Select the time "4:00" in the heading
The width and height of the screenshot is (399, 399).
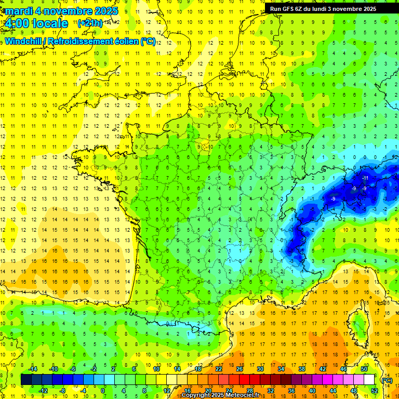click(16, 23)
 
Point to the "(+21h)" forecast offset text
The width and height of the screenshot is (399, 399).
click(89, 23)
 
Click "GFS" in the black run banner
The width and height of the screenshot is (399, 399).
click(288, 9)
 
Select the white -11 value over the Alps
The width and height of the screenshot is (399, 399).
click(365, 178)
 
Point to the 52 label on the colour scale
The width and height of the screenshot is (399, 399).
click(374, 391)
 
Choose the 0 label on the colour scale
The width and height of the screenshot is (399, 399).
click(103, 391)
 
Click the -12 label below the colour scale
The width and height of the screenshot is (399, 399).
click(44, 391)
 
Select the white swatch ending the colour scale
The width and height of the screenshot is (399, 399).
click(369, 380)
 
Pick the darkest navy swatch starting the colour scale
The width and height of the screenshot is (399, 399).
click(26, 380)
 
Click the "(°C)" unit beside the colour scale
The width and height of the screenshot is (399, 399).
click(387, 380)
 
